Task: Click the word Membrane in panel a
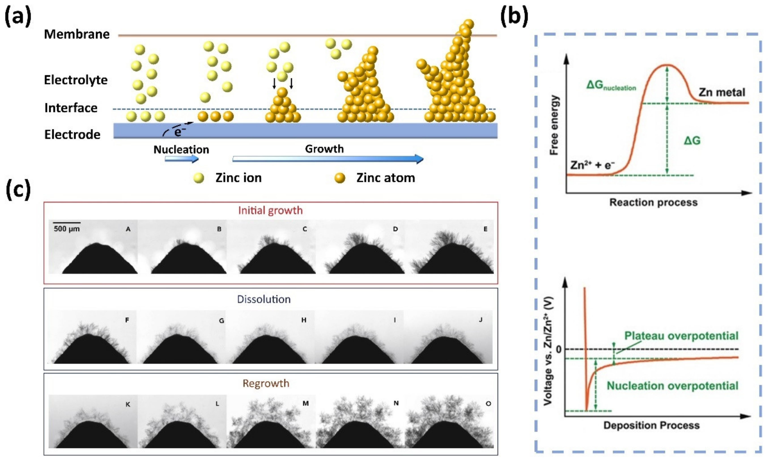(77, 34)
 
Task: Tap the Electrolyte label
(76, 80)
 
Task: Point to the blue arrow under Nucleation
(181, 159)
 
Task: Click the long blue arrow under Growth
(327, 159)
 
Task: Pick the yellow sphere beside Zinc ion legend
(199, 178)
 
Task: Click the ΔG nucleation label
(611, 85)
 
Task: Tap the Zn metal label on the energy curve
(722, 92)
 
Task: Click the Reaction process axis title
(653, 203)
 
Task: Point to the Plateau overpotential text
(681, 336)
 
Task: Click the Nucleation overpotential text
(672, 386)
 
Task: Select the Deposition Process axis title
(651, 425)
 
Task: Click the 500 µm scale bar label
(66, 229)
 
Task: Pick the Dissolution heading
(264, 299)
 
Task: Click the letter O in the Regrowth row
(488, 404)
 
